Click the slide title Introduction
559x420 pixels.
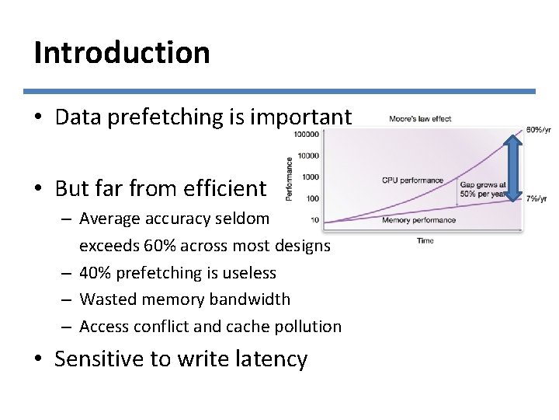point(122,53)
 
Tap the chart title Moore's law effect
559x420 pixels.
point(420,119)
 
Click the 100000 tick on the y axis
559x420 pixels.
point(306,134)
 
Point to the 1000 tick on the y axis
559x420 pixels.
point(311,177)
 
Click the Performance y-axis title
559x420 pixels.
point(290,177)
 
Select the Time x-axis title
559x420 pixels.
point(425,241)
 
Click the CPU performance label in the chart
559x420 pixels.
point(412,180)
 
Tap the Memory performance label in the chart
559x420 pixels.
point(418,221)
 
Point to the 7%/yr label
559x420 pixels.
point(538,200)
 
